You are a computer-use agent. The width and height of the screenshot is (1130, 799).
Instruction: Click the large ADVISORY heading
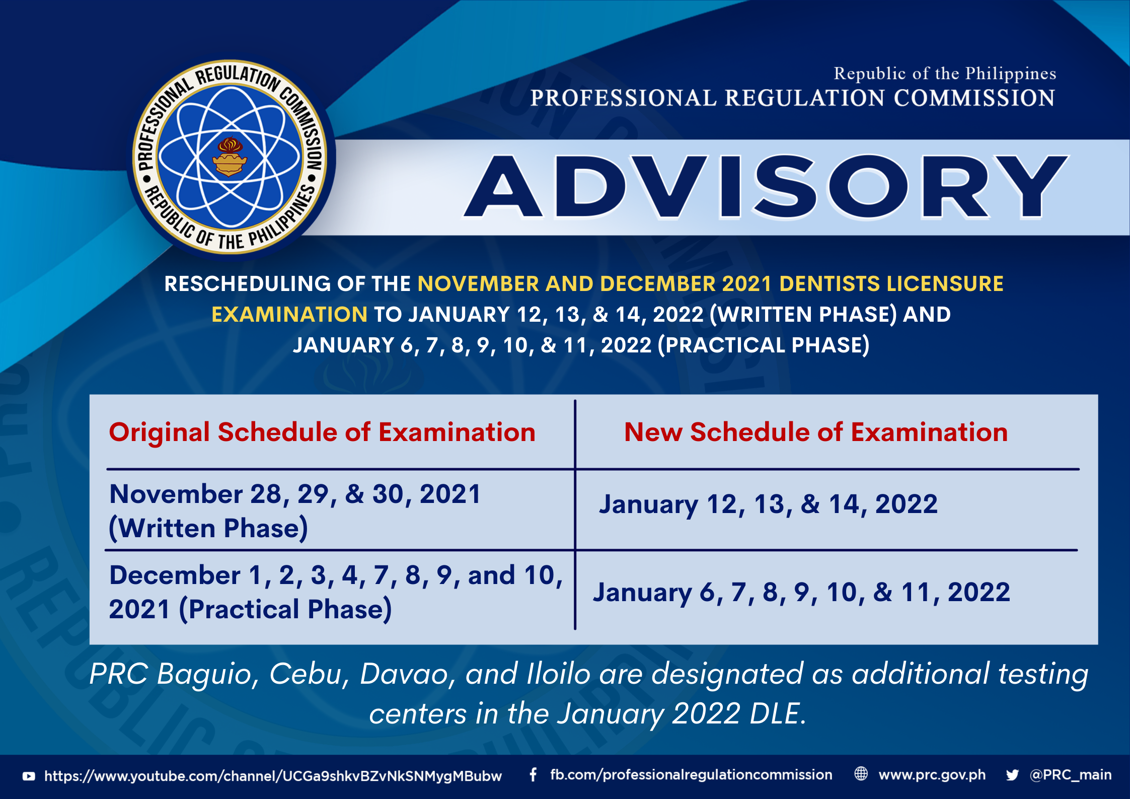[766, 187]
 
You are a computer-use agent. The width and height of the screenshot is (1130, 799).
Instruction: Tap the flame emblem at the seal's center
[230, 157]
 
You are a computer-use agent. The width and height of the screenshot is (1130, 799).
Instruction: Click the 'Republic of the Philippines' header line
[945, 74]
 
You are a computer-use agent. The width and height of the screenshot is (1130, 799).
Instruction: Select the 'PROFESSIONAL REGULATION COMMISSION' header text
[793, 98]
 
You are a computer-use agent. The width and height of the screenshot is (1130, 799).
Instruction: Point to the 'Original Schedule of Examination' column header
[322, 432]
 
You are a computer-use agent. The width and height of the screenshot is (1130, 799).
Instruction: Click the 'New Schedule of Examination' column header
[816, 432]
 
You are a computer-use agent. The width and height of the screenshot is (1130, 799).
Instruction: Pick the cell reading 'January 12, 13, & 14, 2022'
[768, 504]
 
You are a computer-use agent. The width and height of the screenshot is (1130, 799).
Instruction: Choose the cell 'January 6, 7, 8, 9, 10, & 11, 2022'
[801, 592]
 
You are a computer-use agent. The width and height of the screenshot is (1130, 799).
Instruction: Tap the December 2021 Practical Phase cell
[336, 592]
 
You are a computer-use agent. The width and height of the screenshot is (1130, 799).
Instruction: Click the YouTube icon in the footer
[29, 776]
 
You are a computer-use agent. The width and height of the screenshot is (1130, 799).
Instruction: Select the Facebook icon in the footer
[533, 775]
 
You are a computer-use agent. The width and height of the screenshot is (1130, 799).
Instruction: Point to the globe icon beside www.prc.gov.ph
[861, 774]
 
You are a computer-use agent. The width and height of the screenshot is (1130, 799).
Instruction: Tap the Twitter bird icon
[1012, 775]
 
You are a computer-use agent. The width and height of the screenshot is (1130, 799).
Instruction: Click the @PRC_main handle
[1071, 775]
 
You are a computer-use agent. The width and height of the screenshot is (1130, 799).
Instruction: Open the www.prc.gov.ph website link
[932, 775]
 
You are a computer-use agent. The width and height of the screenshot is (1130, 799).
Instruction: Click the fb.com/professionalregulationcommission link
[691, 775]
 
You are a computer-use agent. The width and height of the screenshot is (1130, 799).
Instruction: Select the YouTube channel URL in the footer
[273, 776]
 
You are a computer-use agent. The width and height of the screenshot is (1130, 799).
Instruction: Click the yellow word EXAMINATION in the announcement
[289, 315]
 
